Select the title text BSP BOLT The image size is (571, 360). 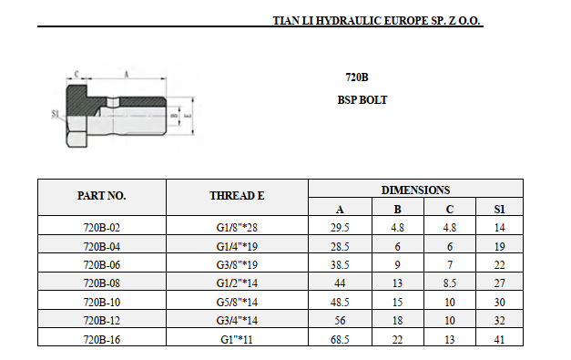tap(362, 100)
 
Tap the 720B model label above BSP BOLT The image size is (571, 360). tap(357, 77)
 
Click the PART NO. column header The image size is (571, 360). tap(102, 196)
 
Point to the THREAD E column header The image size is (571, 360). tap(237, 196)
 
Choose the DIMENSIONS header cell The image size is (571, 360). tap(415, 190)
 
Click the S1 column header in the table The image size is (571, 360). tap(499, 209)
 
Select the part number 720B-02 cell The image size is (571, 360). tap(102, 227)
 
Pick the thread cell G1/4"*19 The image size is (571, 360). tap(237, 246)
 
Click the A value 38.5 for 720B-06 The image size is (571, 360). tap(340, 264)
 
